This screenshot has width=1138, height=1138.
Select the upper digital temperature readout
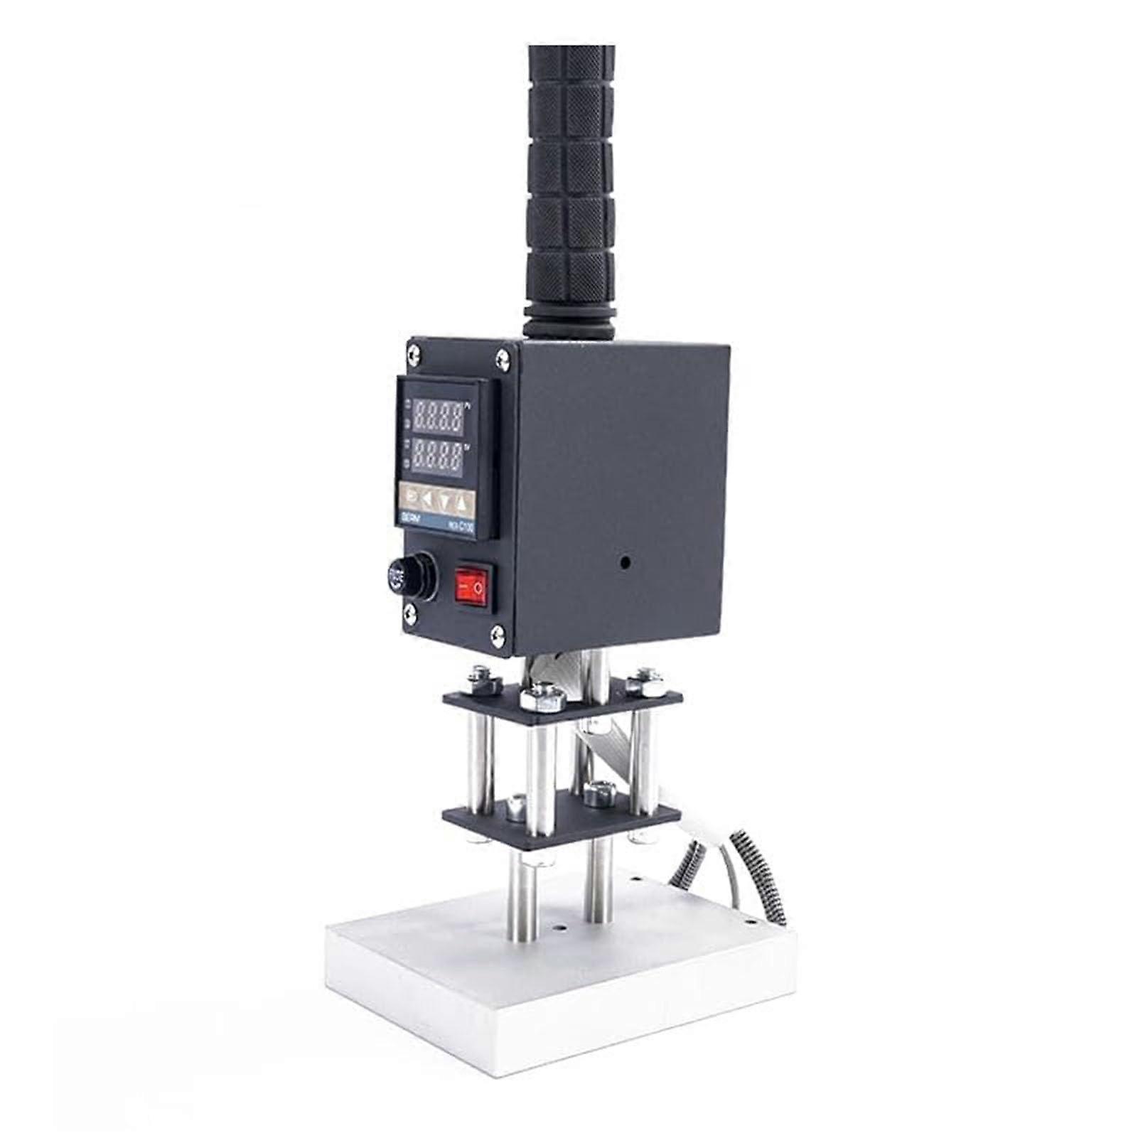click(439, 417)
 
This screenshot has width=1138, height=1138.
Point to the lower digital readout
click(438, 458)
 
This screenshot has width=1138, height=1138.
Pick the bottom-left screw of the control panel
click(410, 611)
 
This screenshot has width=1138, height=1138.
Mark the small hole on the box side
click(625, 562)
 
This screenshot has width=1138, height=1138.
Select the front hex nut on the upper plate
click(543, 696)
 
